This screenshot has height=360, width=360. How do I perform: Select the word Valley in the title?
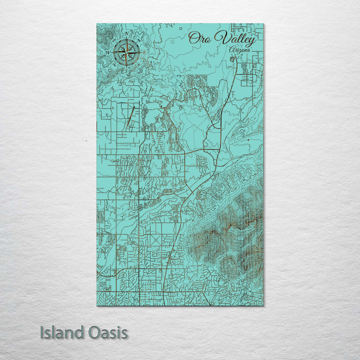pyautogui.click(x=235, y=39)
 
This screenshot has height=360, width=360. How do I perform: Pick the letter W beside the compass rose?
pyautogui.click(x=108, y=53)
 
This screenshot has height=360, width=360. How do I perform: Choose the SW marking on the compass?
pyautogui.click(x=114, y=65)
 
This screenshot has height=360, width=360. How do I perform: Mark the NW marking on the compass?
pyautogui.click(x=114, y=40)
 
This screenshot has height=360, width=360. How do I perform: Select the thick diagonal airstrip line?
pyautogui.click(x=130, y=116)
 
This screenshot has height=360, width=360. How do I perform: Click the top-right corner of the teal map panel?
pyautogui.click(x=263, y=24)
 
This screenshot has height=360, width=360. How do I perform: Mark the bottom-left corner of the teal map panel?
pyautogui.click(x=97, y=305)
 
